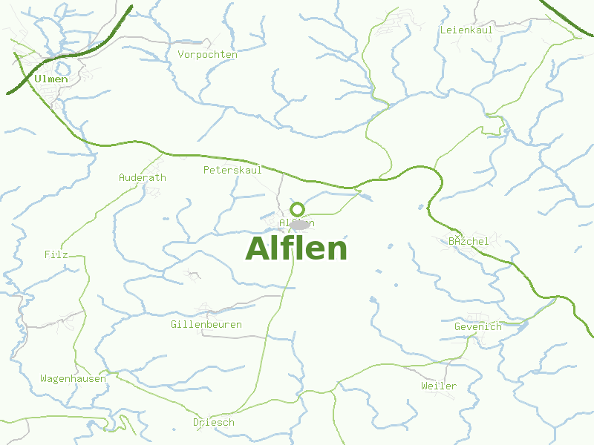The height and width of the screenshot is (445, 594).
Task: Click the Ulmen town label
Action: (50, 79)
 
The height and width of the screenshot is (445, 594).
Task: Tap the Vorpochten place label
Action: (207, 54)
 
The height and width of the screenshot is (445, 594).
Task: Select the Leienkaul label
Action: (466, 30)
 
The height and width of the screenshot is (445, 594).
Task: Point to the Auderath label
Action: (143, 177)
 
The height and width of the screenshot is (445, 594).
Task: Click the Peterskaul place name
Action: (232, 170)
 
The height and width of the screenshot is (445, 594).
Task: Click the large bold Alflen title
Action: (296, 248)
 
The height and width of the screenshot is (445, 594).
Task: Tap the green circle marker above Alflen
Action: (297, 209)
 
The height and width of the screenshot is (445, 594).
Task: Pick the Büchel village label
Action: (469, 241)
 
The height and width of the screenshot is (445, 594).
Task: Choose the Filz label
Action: (56, 254)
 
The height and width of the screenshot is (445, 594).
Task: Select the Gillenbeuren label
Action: (206, 324)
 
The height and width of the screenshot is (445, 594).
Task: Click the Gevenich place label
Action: (477, 326)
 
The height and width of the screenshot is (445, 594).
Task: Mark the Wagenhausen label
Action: (73, 378)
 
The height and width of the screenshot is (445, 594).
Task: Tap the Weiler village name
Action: (439, 386)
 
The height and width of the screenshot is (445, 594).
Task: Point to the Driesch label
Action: (214, 422)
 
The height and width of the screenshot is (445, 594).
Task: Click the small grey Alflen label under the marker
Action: (296, 222)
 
